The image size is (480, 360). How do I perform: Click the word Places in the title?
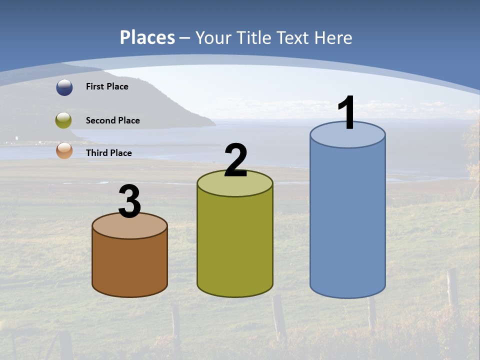[147, 37]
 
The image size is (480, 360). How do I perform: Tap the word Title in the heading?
[252, 37]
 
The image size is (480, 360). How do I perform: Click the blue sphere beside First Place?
[64, 87]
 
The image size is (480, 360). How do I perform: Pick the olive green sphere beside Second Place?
[63, 120]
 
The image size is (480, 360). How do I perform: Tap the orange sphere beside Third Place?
[64, 150]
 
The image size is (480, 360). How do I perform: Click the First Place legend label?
[107, 86]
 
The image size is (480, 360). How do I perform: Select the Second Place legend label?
[112, 120]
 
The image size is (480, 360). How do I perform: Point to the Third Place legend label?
[108, 153]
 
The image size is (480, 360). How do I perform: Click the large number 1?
[346, 113]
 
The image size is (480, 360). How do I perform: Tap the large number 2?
[235, 160]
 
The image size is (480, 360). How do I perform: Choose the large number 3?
[129, 201]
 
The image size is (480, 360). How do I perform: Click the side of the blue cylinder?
[347, 220]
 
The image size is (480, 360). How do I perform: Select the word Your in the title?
[212, 37]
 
